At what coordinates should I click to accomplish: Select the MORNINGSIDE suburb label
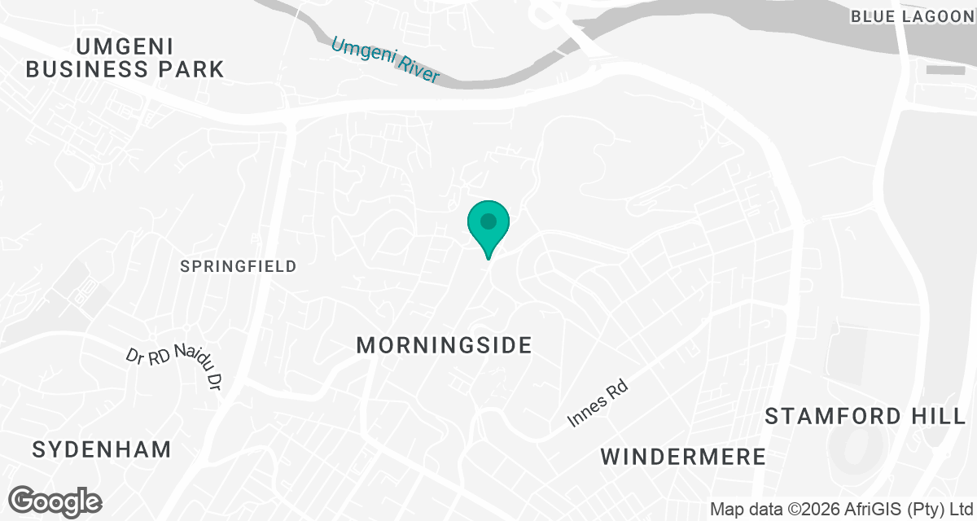[x=445, y=345]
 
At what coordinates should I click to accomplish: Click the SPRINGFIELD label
[x=239, y=266]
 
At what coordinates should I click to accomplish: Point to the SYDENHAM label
[x=103, y=449]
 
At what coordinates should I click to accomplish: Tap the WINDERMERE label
[x=684, y=457]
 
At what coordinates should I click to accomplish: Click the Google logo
[x=55, y=501]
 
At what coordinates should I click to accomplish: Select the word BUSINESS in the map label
[x=90, y=69]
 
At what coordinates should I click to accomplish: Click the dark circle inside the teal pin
[x=488, y=221]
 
